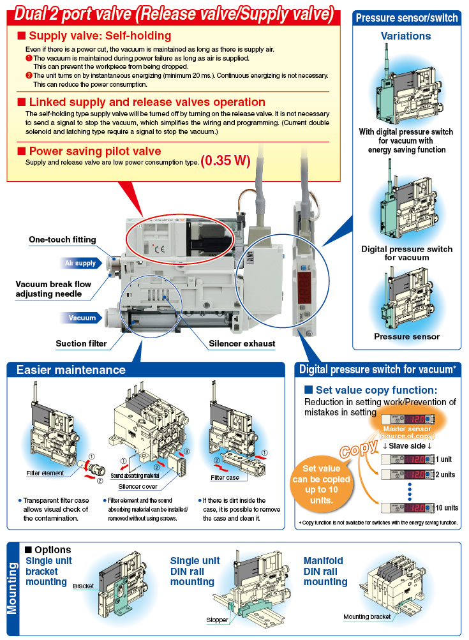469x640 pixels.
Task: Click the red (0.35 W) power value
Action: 225,161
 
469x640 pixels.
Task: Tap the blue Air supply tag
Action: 80,263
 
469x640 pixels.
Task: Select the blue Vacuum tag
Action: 82,318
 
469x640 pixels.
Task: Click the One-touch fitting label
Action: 63,240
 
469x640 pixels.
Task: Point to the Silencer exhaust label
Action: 242,343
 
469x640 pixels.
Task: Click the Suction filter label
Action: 81,343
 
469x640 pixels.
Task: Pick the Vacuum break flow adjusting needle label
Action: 53,289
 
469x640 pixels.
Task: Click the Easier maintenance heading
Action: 71,370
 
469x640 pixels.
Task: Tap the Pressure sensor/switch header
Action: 407,18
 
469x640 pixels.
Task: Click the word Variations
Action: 406,36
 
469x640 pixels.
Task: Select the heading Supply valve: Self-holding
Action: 100,36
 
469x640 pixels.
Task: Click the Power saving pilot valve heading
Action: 94,151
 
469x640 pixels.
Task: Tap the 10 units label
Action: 446,508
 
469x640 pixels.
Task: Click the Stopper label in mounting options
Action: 217,620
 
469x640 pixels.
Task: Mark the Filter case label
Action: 225,477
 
